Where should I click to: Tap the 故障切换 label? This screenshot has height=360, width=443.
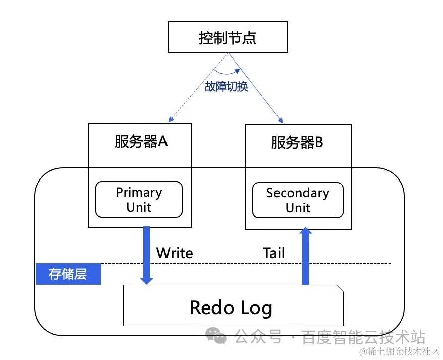click(x=227, y=86)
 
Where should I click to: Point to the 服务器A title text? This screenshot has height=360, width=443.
click(x=141, y=142)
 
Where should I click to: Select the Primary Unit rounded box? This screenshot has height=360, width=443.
click(x=139, y=200)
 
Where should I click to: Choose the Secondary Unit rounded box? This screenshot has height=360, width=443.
click(x=298, y=200)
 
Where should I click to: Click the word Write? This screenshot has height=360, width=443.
click(x=175, y=253)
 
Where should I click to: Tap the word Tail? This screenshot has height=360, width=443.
click(x=273, y=253)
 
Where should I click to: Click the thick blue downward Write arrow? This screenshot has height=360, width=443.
click(x=147, y=255)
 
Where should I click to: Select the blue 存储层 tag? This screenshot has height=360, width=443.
click(x=68, y=274)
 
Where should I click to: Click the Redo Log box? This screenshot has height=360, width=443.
click(x=233, y=306)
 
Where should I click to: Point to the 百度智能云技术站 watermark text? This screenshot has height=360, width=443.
click(x=363, y=337)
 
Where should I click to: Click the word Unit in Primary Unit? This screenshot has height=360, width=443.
click(x=139, y=208)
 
